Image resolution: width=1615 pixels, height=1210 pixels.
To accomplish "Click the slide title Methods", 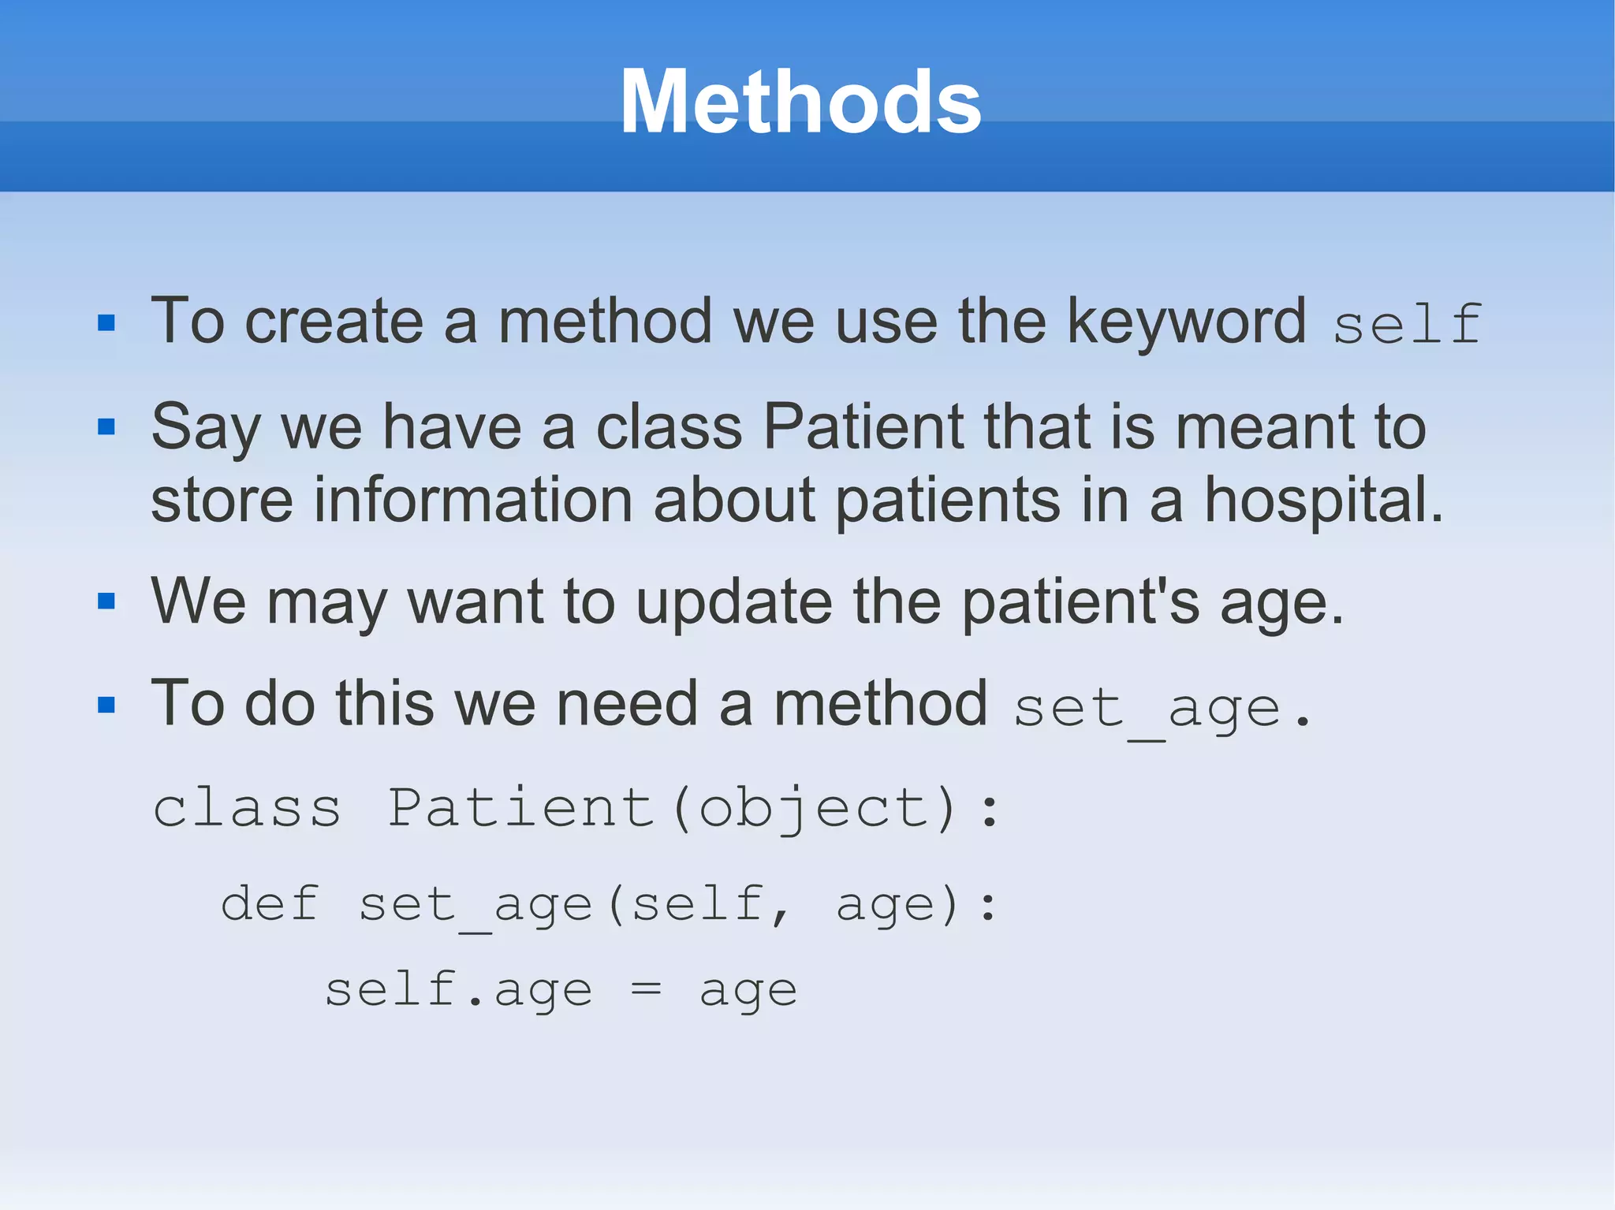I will tap(800, 102).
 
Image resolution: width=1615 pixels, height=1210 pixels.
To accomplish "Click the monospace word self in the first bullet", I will tap(1408, 324).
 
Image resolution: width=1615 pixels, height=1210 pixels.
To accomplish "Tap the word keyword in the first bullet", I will tap(1186, 322).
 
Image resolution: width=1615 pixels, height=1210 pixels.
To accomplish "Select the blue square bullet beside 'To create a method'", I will tap(106, 322).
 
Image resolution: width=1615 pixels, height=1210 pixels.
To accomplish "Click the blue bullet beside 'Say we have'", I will tap(106, 427).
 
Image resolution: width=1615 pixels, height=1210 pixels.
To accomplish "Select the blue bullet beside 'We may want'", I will tap(106, 601).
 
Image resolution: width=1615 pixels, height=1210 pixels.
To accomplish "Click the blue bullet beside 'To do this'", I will tap(106, 704).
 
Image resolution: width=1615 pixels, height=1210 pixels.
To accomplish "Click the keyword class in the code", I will tap(247, 808).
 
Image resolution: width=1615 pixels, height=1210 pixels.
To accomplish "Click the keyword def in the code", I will tap(270, 903).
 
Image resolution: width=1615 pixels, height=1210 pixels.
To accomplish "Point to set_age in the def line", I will tap(476, 905).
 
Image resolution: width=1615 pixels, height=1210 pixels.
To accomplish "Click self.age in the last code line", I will tap(458, 990).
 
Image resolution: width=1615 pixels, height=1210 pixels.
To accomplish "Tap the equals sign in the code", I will tap(646, 990).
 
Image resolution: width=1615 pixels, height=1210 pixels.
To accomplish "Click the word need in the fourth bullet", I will tap(627, 704).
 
